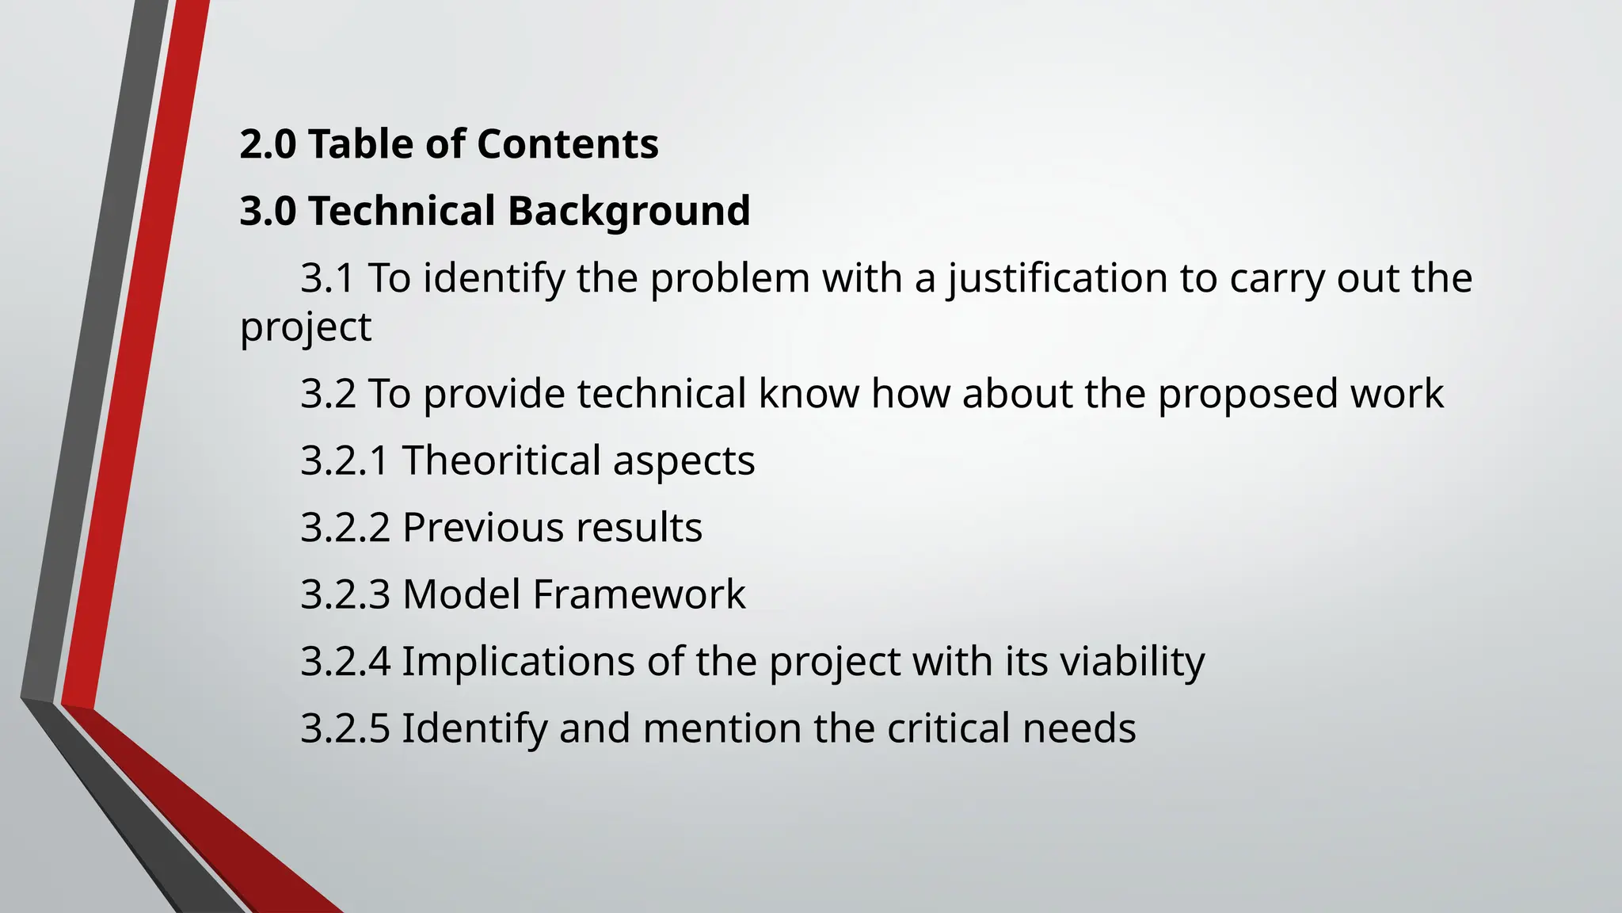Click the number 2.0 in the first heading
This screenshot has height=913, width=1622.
click(268, 145)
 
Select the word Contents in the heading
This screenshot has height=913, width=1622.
click(567, 145)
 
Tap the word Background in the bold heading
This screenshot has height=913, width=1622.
click(628, 212)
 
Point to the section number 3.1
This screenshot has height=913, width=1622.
click(327, 279)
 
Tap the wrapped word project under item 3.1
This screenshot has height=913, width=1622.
click(306, 327)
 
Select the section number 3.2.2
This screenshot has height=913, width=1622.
click(345, 528)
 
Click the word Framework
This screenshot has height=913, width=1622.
click(638, 594)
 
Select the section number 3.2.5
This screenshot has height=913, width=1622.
click(345, 728)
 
